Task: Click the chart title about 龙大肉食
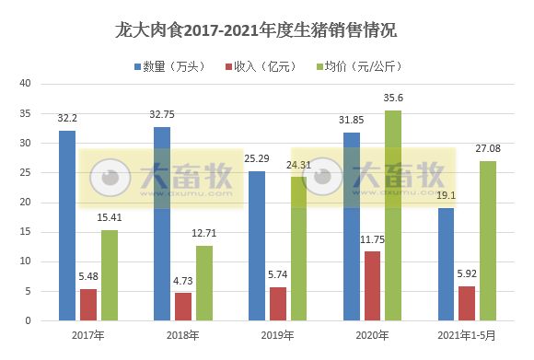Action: (266, 30)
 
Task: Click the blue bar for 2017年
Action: (67, 226)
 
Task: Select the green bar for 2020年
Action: (393, 215)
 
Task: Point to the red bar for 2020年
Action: (372, 286)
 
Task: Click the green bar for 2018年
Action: (203, 283)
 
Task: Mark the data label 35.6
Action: (393, 98)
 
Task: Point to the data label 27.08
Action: (488, 148)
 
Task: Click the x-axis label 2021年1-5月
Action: (466, 335)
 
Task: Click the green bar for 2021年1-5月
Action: (488, 240)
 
